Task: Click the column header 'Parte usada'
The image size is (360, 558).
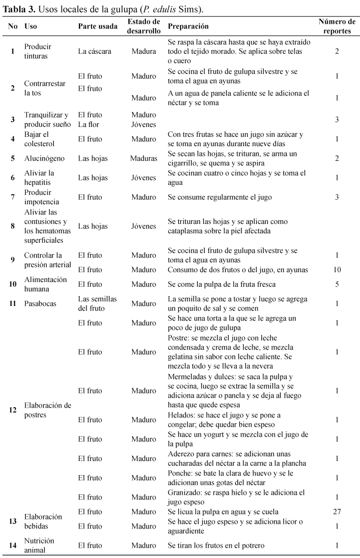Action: [97, 27]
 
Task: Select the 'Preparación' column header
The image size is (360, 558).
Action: [188, 27]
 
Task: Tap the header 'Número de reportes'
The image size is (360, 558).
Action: [337, 27]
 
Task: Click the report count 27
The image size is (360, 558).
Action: [337, 512]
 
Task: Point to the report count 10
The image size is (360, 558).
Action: [337, 270]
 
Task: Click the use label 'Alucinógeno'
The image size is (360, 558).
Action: [45, 158]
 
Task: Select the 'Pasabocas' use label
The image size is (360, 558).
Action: [40, 304]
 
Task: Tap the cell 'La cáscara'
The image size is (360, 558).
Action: [95, 52]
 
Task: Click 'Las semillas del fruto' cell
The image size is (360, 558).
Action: [97, 304]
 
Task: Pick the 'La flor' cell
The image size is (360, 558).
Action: [90, 124]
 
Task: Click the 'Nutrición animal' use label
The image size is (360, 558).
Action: [39, 545]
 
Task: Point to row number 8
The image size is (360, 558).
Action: [13, 226]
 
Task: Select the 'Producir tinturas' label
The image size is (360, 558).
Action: [38, 52]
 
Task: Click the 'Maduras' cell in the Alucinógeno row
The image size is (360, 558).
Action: [143, 158]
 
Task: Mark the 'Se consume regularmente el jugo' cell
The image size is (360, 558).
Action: [219, 197]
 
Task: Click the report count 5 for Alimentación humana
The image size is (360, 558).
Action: [337, 284]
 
